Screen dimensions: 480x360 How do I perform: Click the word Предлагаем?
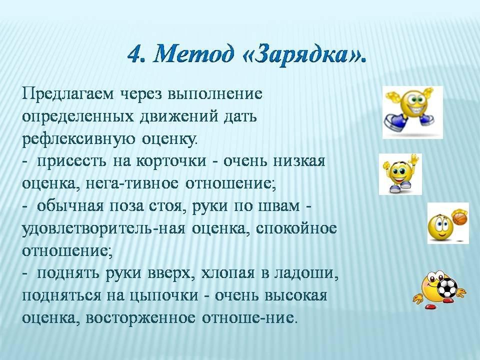pyautogui.click(x=69, y=94)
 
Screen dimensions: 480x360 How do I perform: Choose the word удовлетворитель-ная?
pyautogui.click(x=103, y=229)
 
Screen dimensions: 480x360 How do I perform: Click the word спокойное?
pyautogui.click(x=296, y=228)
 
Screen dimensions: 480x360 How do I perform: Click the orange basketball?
pyautogui.click(x=459, y=217)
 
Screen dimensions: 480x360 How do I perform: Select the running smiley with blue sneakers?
pyautogui.click(x=412, y=112)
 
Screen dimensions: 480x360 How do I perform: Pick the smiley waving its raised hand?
pyautogui.click(x=400, y=174)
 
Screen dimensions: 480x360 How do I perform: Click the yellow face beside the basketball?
pyautogui.click(x=440, y=227)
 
